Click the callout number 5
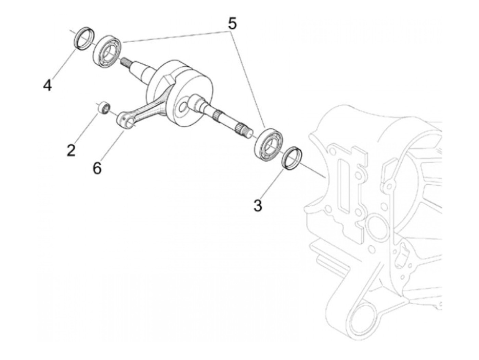pyautogui.click(x=232, y=24)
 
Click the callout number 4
pyautogui.click(x=48, y=85)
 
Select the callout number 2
pyautogui.click(x=71, y=150)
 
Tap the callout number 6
pyautogui.click(x=97, y=168)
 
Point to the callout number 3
pyautogui.click(x=258, y=206)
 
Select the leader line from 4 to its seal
pyautogui.click(x=63, y=66)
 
